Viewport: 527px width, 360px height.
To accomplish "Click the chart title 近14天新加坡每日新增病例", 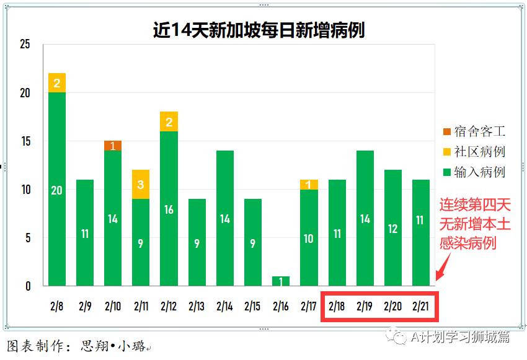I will pos(259,30).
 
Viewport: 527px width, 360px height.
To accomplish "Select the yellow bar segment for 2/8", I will pos(57,83).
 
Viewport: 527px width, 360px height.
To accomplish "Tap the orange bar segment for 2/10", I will pos(113,146).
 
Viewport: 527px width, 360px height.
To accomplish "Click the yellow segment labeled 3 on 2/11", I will pos(141,184).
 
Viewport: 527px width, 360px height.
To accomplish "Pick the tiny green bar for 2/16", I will pos(281,281).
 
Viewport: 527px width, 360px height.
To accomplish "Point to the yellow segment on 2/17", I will pos(309,185).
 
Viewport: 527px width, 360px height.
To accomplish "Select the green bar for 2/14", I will pos(225,218).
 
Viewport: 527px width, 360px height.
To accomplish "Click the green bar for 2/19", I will pos(365,218).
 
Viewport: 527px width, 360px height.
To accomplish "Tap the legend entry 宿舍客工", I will pos(473,131).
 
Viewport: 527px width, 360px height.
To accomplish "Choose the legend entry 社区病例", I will pos(473,152).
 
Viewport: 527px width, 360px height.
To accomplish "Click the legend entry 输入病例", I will pos(473,172).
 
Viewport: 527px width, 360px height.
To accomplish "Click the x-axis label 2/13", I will pos(197,306).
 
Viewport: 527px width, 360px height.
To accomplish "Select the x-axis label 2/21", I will pos(421,306).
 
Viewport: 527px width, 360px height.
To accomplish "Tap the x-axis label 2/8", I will pos(56,306).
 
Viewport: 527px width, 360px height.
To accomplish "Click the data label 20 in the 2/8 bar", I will pos(56,190).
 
